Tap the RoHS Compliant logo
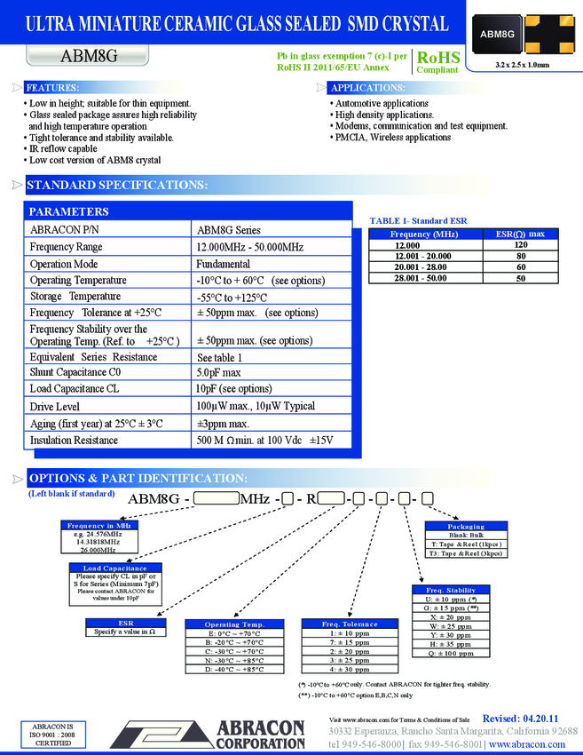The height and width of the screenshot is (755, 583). pos(437,61)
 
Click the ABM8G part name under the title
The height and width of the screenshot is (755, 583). pos(89,56)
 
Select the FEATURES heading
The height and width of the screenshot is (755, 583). pos(52,88)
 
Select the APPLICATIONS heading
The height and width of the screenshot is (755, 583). pos(367,88)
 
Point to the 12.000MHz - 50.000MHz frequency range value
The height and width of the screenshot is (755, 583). pos(249,247)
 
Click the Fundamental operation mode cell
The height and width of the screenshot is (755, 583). pos(223,264)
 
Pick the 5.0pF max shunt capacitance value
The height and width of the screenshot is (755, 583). pos(218,372)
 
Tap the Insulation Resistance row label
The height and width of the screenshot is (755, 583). pos(74,440)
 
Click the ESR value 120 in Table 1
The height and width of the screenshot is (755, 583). pos(521,244)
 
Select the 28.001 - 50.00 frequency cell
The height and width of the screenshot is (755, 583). pos(420,278)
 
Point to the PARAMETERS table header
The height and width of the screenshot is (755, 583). pos(69,211)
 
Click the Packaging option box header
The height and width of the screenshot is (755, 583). pos(466,527)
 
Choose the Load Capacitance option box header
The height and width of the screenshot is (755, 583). pos(114,568)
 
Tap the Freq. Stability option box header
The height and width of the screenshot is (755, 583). pos(451,590)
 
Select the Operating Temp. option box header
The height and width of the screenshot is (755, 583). pos(234,624)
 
